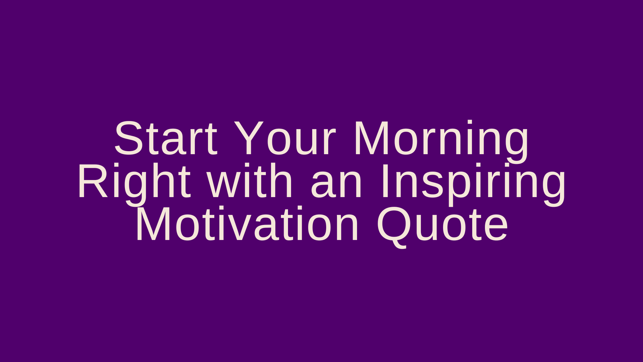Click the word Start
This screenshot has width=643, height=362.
166,138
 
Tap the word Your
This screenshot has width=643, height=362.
284,138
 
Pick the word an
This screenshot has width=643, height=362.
336,185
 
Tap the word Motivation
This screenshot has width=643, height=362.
247,224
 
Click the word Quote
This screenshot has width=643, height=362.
442,227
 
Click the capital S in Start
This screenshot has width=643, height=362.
129,138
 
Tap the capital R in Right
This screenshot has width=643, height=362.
93,181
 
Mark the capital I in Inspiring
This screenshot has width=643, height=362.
384,181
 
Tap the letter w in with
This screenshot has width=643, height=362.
223,185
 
